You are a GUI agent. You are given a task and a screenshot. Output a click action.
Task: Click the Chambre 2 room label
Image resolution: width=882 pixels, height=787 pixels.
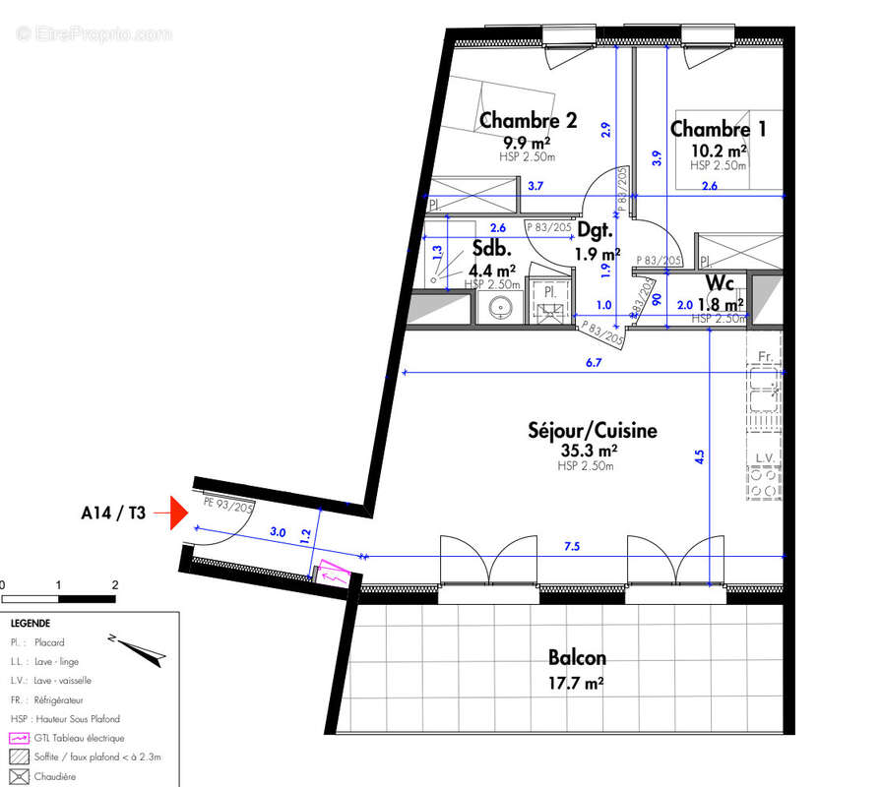pos(528,121)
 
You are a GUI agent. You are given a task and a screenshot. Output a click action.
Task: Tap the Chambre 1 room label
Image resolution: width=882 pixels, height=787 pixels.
pos(718,129)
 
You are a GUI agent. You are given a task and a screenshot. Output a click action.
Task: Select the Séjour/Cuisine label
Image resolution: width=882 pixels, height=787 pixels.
pos(592,430)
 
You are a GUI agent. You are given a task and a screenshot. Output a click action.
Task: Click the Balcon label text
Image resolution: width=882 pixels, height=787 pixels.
pos(577,657)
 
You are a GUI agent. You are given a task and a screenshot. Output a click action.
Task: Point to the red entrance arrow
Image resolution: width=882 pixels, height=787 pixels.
pos(178,513)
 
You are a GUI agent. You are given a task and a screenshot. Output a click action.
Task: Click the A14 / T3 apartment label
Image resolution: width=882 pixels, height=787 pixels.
pos(113,513)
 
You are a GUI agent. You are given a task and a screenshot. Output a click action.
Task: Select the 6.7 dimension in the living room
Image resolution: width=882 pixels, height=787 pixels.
pos(593,363)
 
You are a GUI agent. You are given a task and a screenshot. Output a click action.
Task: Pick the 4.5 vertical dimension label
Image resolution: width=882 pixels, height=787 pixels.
pos(699,456)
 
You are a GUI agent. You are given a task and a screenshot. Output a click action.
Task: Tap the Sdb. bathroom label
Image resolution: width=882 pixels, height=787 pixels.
pos(489,249)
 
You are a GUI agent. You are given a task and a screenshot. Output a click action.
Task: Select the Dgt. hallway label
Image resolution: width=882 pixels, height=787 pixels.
pos(595,232)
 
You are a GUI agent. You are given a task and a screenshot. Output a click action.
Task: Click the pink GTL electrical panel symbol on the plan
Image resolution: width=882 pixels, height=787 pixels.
pos(333,572)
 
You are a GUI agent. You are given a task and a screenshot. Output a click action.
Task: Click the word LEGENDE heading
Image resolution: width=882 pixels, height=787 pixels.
pos(31,624)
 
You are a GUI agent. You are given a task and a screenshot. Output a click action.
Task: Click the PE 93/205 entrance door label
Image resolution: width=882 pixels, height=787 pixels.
pos(228,501)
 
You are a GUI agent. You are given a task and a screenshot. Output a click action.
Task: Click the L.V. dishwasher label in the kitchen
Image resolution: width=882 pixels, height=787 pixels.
pos(764,459)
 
